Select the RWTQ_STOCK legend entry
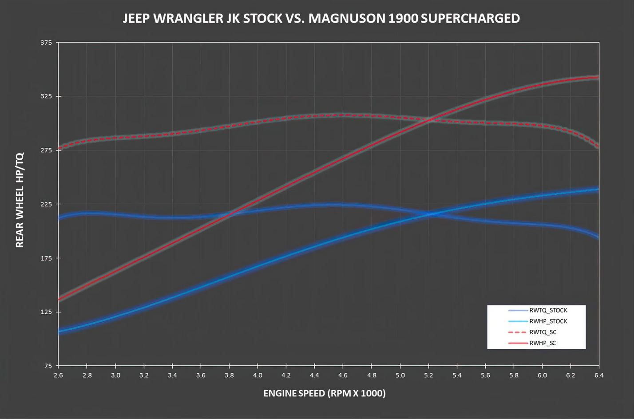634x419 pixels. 548,310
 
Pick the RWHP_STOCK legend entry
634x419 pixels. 548,321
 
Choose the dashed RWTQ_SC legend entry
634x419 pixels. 543,332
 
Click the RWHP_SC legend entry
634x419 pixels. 543,343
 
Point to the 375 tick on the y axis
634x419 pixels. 46,43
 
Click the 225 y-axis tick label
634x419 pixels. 46,204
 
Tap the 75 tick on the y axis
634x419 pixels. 48,366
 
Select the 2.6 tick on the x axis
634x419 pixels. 58,375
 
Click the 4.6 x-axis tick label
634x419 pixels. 343,375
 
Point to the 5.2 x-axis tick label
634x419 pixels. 428,375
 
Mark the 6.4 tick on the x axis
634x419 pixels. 599,375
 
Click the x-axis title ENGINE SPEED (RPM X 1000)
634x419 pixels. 325,393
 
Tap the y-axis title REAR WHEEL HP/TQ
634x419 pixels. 20,200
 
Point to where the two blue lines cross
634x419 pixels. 431,214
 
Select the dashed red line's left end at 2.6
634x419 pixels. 59,149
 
